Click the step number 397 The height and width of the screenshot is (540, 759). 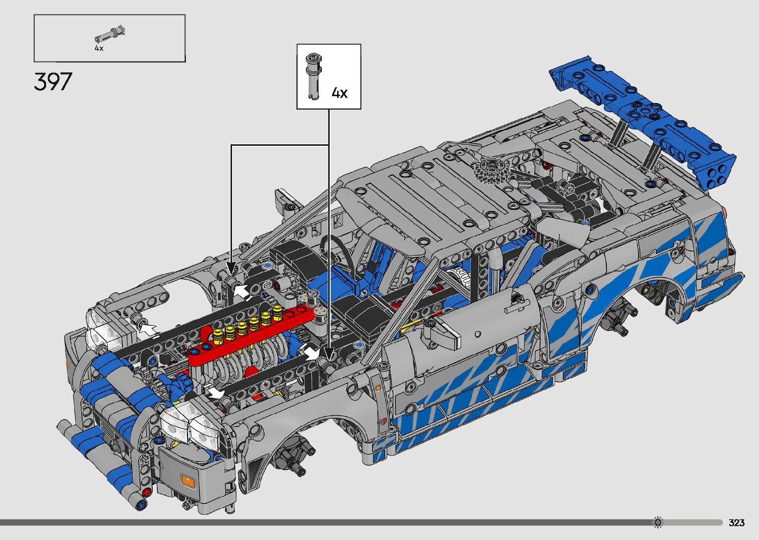pyautogui.click(x=53, y=81)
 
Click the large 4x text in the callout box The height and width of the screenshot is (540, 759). pyautogui.click(x=340, y=93)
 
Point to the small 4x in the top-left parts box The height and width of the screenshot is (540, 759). pyautogui.click(x=99, y=48)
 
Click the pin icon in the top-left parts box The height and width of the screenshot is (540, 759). pyautogui.click(x=110, y=34)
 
